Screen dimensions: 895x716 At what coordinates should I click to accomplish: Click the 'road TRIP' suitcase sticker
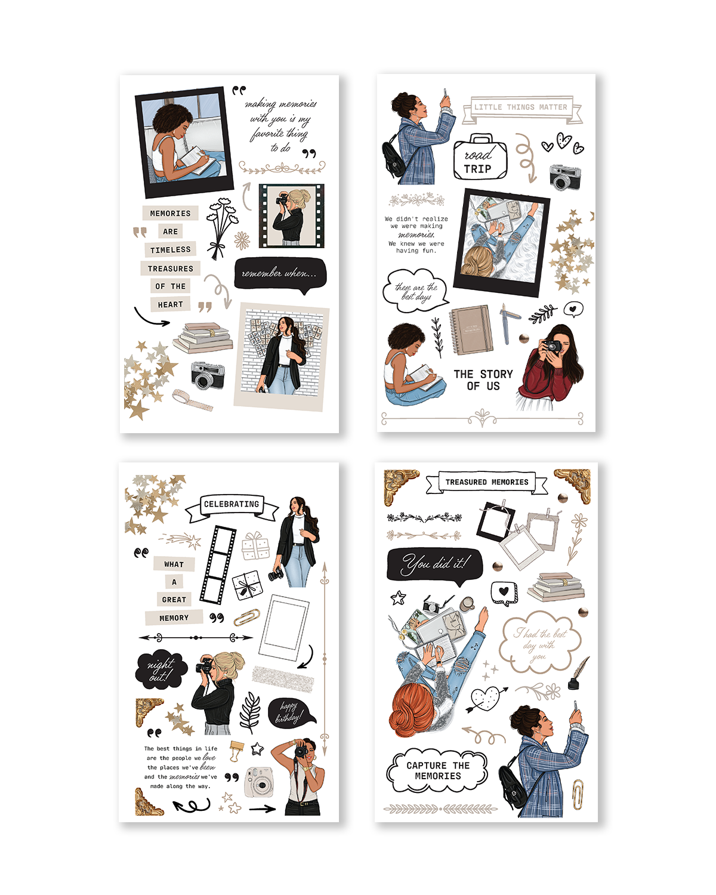click(480, 158)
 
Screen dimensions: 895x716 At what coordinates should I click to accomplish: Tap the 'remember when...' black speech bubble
click(280, 273)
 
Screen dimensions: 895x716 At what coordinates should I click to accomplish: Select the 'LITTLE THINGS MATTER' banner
click(521, 107)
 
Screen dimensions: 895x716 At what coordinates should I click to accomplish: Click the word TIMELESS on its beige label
click(171, 250)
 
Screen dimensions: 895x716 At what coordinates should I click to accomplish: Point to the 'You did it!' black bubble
click(434, 564)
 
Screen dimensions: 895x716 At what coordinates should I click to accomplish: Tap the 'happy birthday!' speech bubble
click(289, 712)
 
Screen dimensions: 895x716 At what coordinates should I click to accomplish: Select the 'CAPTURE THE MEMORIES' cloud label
click(437, 771)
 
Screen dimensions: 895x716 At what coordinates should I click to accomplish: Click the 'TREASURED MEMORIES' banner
click(487, 482)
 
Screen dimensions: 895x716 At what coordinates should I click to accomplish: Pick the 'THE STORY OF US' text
click(483, 380)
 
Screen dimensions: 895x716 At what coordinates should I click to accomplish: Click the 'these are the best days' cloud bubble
click(415, 291)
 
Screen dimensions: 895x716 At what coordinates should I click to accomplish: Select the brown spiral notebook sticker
click(471, 330)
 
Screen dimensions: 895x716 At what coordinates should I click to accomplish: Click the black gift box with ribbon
click(247, 585)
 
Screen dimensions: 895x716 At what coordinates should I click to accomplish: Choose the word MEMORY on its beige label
click(174, 618)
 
